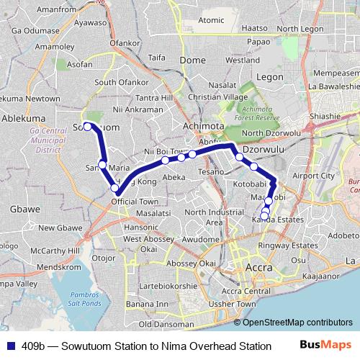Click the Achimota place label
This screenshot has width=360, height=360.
(x=204, y=125)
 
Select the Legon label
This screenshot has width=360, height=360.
(x=269, y=76)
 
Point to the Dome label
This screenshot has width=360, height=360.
(x=192, y=60)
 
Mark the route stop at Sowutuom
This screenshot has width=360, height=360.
(x=87, y=126)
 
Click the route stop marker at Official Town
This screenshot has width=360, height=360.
(x=114, y=189)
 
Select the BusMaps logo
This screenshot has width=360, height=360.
(x=325, y=346)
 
